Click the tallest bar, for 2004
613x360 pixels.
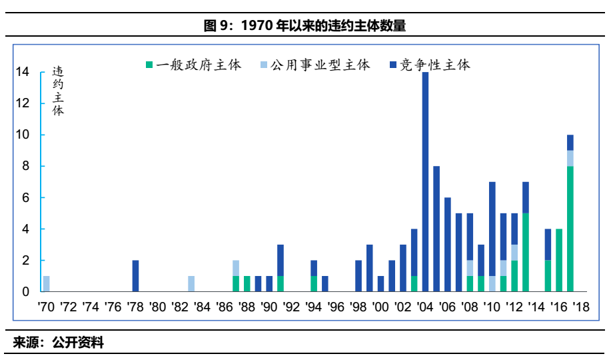425,181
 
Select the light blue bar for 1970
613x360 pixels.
46,283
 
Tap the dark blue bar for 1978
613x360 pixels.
135,275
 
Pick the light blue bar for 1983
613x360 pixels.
191,283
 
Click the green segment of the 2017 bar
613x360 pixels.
570,229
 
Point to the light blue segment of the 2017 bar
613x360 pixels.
570,158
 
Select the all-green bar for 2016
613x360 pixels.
559,260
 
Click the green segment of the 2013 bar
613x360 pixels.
526,252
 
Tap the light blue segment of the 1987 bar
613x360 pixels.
236,268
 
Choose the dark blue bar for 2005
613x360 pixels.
436,229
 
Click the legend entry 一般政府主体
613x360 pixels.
193,65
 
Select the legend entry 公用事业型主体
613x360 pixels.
314,65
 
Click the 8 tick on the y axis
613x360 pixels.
25,166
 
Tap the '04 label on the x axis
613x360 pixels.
424,308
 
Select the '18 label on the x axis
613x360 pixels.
581,308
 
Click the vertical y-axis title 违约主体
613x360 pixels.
58,91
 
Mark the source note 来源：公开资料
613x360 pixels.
59,343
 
